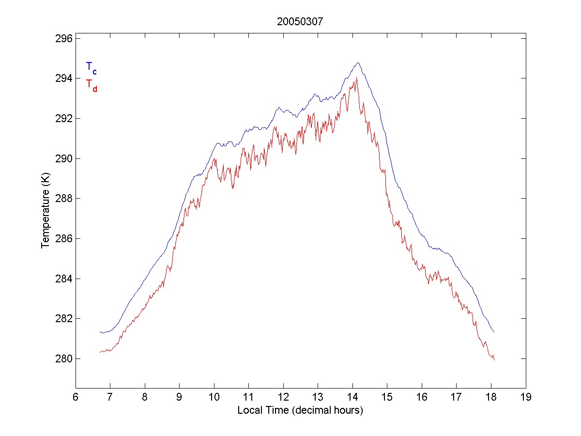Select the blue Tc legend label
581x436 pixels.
(x=91, y=67)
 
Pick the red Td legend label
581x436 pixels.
(x=91, y=85)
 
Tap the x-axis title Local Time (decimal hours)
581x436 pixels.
(x=300, y=410)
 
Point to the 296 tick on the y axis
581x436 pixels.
(x=62, y=38)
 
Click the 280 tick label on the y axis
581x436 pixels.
(x=62, y=359)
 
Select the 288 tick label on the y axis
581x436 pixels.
(x=62, y=199)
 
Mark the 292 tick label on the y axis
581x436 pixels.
(x=62, y=118)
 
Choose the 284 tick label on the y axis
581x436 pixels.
(x=62, y=279)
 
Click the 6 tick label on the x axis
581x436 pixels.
(x=76, y=397)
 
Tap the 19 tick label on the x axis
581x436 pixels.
(x=526, y=397)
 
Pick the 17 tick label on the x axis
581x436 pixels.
(x=457, y=397)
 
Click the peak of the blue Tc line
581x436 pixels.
(x=358, y=62)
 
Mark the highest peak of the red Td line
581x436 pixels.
(x=356, y=78)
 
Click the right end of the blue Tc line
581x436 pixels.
(x=493, y=332)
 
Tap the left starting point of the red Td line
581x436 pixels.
(x=100, y=352)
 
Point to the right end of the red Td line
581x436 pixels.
(x=494, y=360)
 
